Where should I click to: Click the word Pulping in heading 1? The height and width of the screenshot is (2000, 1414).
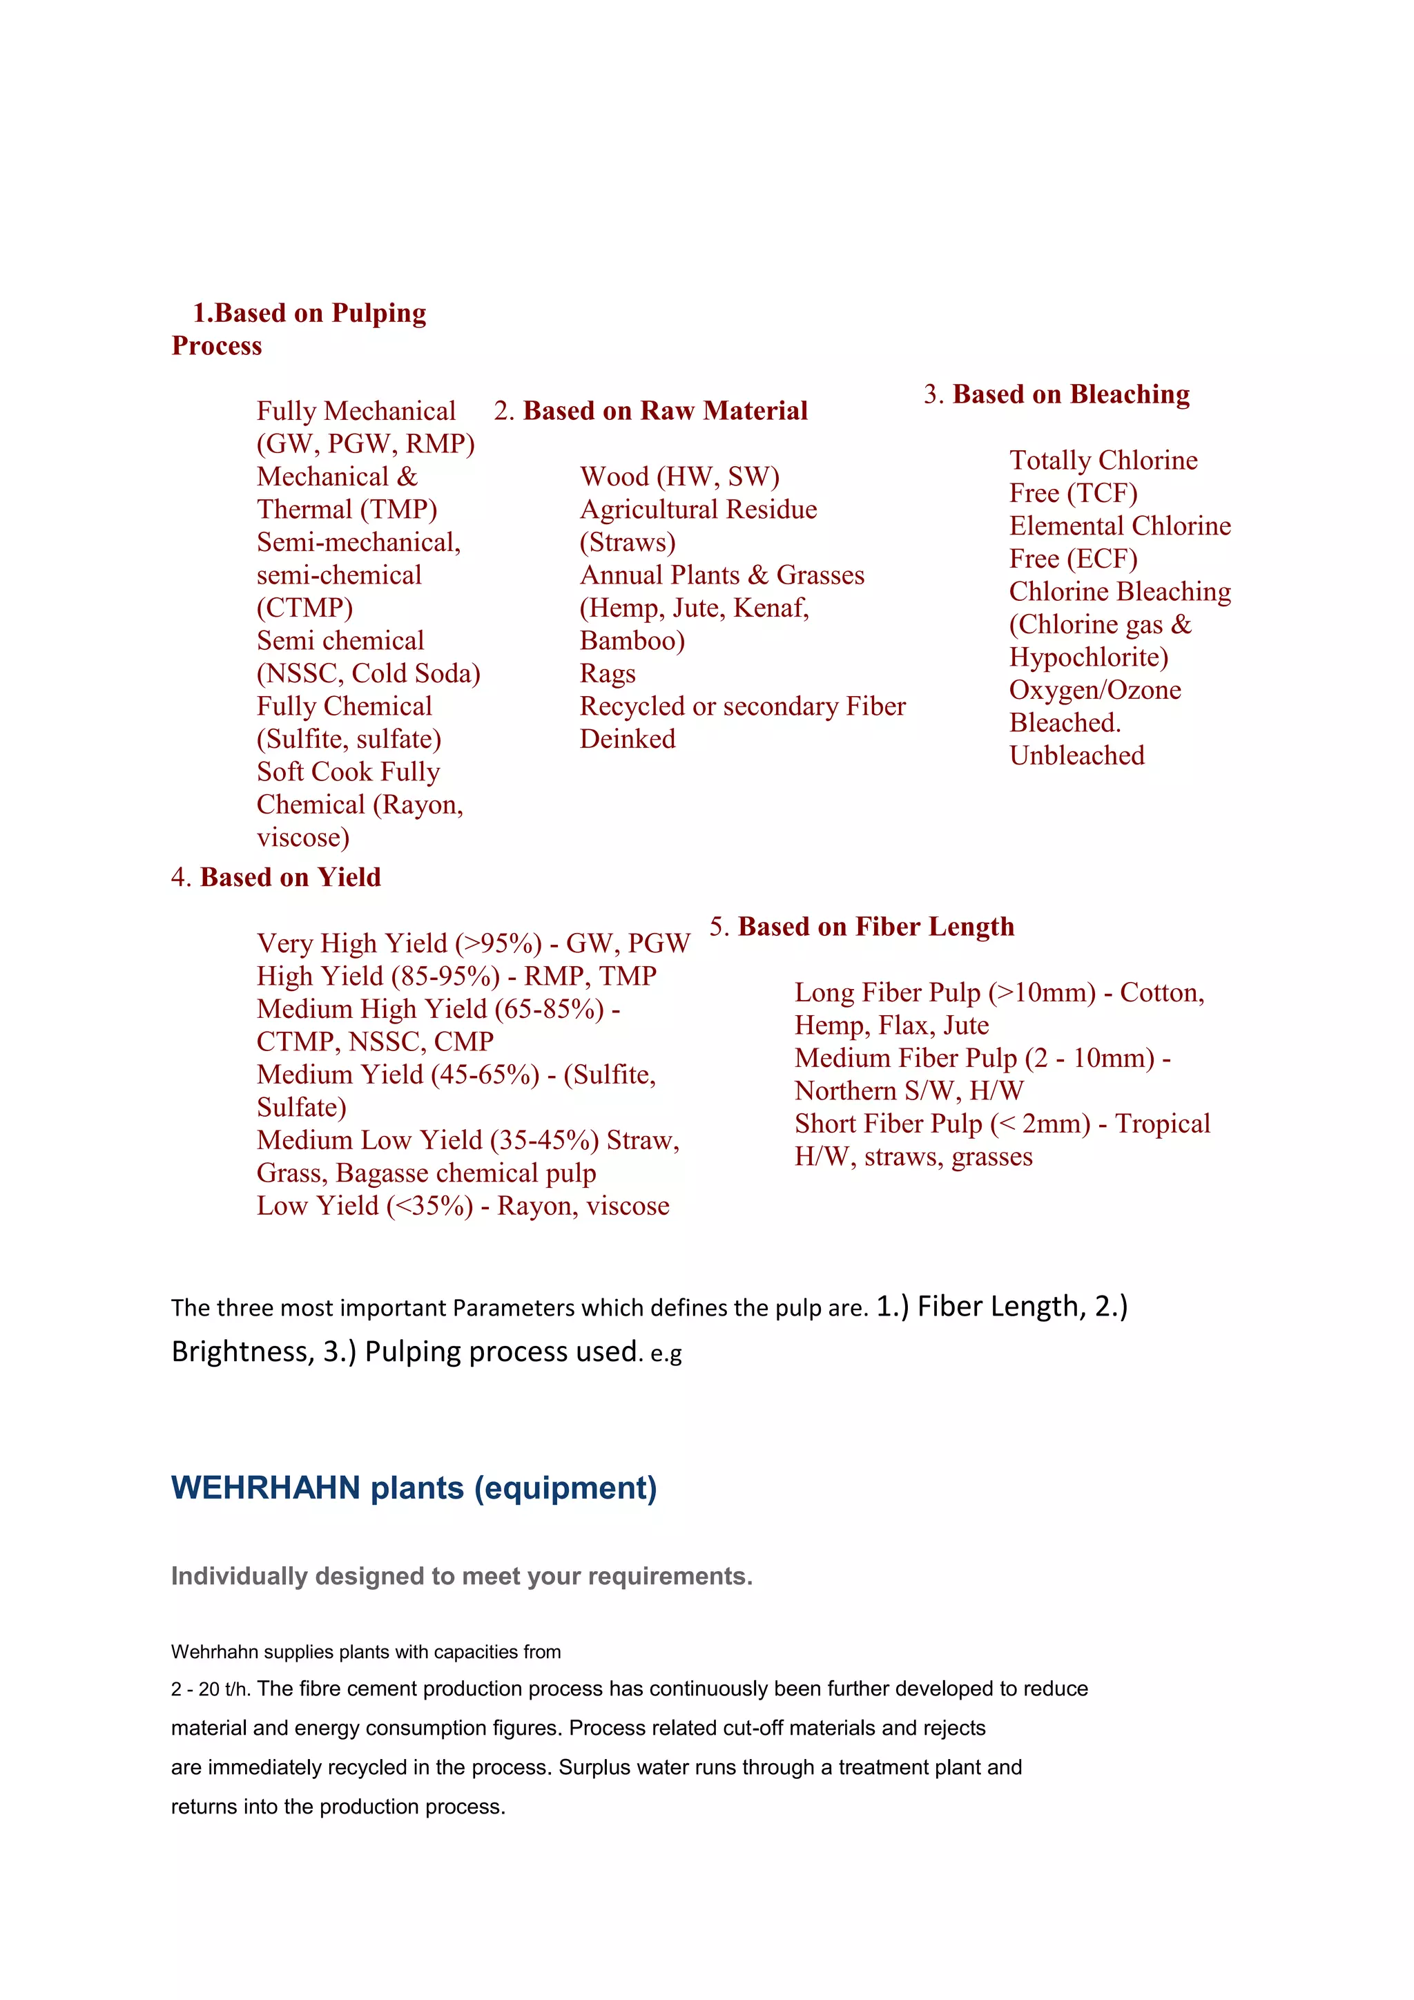379,314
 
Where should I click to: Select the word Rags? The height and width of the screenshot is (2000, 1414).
607,674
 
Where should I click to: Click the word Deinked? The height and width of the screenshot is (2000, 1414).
627,740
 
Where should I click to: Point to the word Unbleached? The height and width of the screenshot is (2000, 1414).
1076,756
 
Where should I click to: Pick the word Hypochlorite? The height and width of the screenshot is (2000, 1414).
1088,657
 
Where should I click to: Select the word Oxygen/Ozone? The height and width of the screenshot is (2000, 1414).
1094,691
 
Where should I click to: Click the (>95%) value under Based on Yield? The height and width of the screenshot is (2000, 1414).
498,943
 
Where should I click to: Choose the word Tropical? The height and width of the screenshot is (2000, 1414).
1163,1124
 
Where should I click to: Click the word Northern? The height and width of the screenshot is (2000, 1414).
844,1091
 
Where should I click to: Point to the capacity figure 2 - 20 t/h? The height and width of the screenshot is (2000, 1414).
210,1690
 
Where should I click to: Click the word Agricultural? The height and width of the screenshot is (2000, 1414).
649,510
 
